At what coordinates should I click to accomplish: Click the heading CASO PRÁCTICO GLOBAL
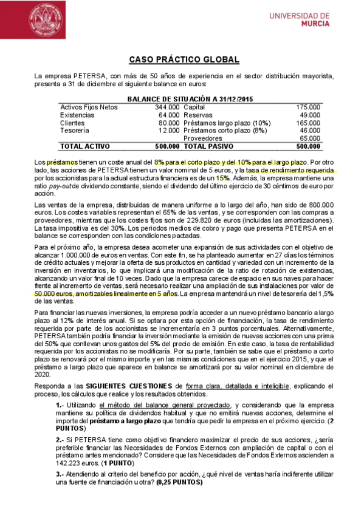184,60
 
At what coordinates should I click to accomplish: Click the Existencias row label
77,115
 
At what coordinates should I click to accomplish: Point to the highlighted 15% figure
222,178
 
